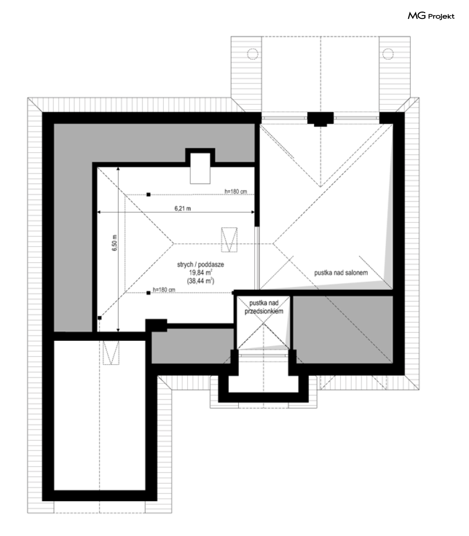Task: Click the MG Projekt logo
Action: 431,16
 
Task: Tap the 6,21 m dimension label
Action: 183,209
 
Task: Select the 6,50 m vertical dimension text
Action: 114,243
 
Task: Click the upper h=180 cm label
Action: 235,192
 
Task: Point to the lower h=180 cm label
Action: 164,290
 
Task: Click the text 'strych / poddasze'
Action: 201,264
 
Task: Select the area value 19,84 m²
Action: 201,272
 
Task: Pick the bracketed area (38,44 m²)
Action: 201,281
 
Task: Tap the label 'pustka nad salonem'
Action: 341,273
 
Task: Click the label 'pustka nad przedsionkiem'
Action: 264,307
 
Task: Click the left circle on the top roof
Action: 252,54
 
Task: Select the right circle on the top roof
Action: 388,54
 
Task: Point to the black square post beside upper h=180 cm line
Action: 148,194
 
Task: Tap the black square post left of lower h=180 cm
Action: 148,293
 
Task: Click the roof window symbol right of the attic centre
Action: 229,240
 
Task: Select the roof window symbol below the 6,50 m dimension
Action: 111,352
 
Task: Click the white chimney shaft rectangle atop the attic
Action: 200,168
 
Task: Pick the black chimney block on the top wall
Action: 320,119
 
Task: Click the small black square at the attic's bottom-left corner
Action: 100,318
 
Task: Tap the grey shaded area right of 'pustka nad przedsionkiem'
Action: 343,330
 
